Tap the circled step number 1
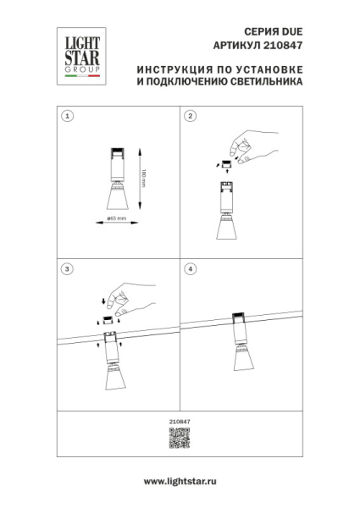pos(69,116)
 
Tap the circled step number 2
pos(191,116)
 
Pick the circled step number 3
pos(69,269)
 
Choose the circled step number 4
pos(191,269)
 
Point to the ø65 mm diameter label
pos(117,219)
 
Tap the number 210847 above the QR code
pos(179,422)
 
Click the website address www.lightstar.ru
pos(180,480)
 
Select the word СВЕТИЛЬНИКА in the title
pos(264,86)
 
